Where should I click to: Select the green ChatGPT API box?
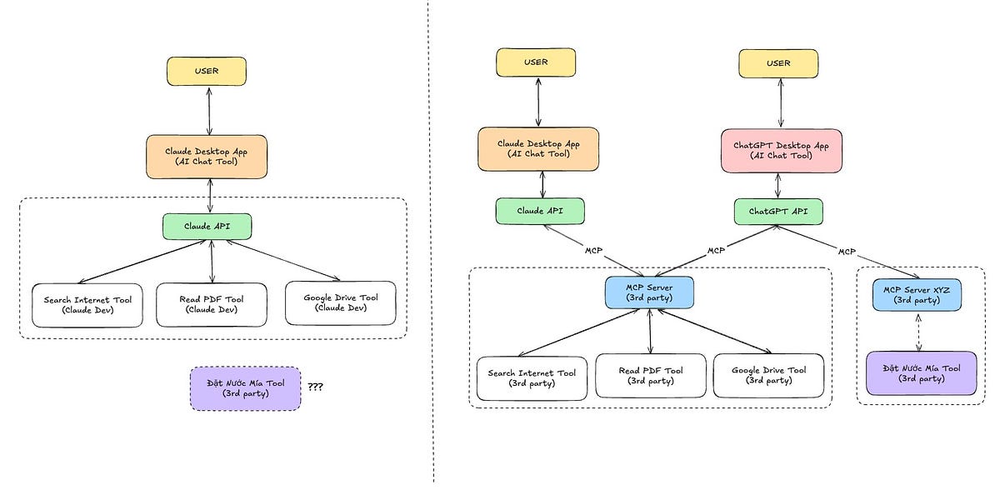tap(777, 211)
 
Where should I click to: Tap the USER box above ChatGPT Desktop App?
tap(778, 63)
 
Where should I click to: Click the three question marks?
tap(316, 387)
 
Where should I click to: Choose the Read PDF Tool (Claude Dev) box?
tap(212, 305)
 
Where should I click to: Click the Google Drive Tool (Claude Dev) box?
tap(341, 303)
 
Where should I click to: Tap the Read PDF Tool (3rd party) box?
tap(650, 376)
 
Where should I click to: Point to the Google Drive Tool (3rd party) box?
tap(768, 376)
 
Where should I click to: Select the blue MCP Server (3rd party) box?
tap(649, 292)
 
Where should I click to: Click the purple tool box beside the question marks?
tap(245, 388)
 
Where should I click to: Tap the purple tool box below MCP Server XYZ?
tap(921, 372)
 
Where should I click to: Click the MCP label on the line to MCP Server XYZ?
tap(847, 251)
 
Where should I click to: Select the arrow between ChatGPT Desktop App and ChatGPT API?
tap(778, 186)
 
